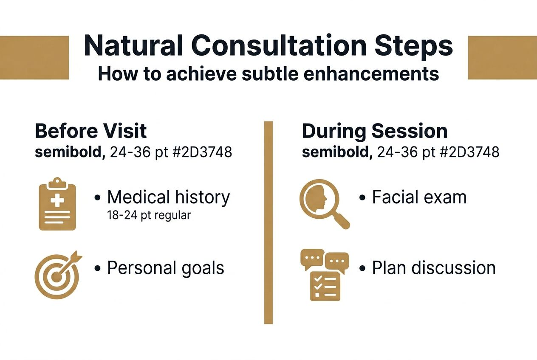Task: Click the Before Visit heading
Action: pos(90,131)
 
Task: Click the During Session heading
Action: pos(374,131)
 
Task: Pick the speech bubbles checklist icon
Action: pos(324,274)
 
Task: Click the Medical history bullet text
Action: pos(168,197)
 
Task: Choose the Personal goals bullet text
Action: pos(165,268)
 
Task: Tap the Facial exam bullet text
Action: pos(419,197)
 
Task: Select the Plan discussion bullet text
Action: pos(433,268)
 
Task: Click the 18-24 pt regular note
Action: pos(149,215)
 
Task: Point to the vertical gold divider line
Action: pos(268,222)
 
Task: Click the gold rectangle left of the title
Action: pos(34,57)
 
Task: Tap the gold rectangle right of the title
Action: pos(502,57)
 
